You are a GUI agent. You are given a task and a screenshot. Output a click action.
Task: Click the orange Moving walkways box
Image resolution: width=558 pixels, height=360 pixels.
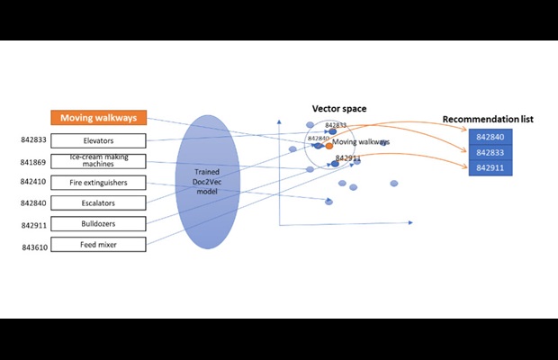pos(98,118)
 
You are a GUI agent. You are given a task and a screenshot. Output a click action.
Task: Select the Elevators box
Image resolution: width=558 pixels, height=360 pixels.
pos(98,140)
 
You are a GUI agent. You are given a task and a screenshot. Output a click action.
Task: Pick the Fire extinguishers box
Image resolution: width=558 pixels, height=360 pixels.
pos(98,183)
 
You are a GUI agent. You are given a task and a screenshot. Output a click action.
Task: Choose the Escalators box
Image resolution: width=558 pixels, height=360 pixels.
pos(98,203)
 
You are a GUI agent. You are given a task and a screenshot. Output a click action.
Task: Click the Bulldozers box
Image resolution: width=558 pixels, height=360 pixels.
pos(98,223)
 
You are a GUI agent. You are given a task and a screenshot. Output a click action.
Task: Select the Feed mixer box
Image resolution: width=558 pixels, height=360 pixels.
pos(98,244)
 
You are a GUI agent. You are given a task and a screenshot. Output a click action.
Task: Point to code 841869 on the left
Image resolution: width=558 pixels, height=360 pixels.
pos(34,162)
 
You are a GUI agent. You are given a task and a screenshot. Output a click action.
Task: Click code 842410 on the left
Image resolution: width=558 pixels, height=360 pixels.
pos(34,183)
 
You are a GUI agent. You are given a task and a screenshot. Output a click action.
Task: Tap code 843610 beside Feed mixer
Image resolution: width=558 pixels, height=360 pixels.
pos(34,246)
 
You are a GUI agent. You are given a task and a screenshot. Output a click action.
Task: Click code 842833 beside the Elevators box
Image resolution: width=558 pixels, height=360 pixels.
pos(34,140)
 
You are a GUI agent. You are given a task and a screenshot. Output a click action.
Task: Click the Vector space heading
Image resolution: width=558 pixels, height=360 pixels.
pos(339,109)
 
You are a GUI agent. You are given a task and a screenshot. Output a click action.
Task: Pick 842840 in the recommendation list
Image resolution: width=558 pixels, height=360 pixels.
pos(490,137)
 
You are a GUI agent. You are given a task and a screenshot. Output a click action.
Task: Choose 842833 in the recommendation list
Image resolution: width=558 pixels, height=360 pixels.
pos(490,152)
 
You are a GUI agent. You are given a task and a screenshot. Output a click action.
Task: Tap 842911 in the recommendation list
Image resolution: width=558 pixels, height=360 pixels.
pos(490,167)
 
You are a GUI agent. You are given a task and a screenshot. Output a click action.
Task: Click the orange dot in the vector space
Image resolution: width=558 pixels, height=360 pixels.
pos(329,146)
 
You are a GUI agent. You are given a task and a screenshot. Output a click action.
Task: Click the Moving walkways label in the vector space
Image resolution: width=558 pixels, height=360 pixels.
pos(361,142)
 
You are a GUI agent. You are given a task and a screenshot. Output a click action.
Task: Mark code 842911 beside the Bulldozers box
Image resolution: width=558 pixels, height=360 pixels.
pos(34,225)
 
